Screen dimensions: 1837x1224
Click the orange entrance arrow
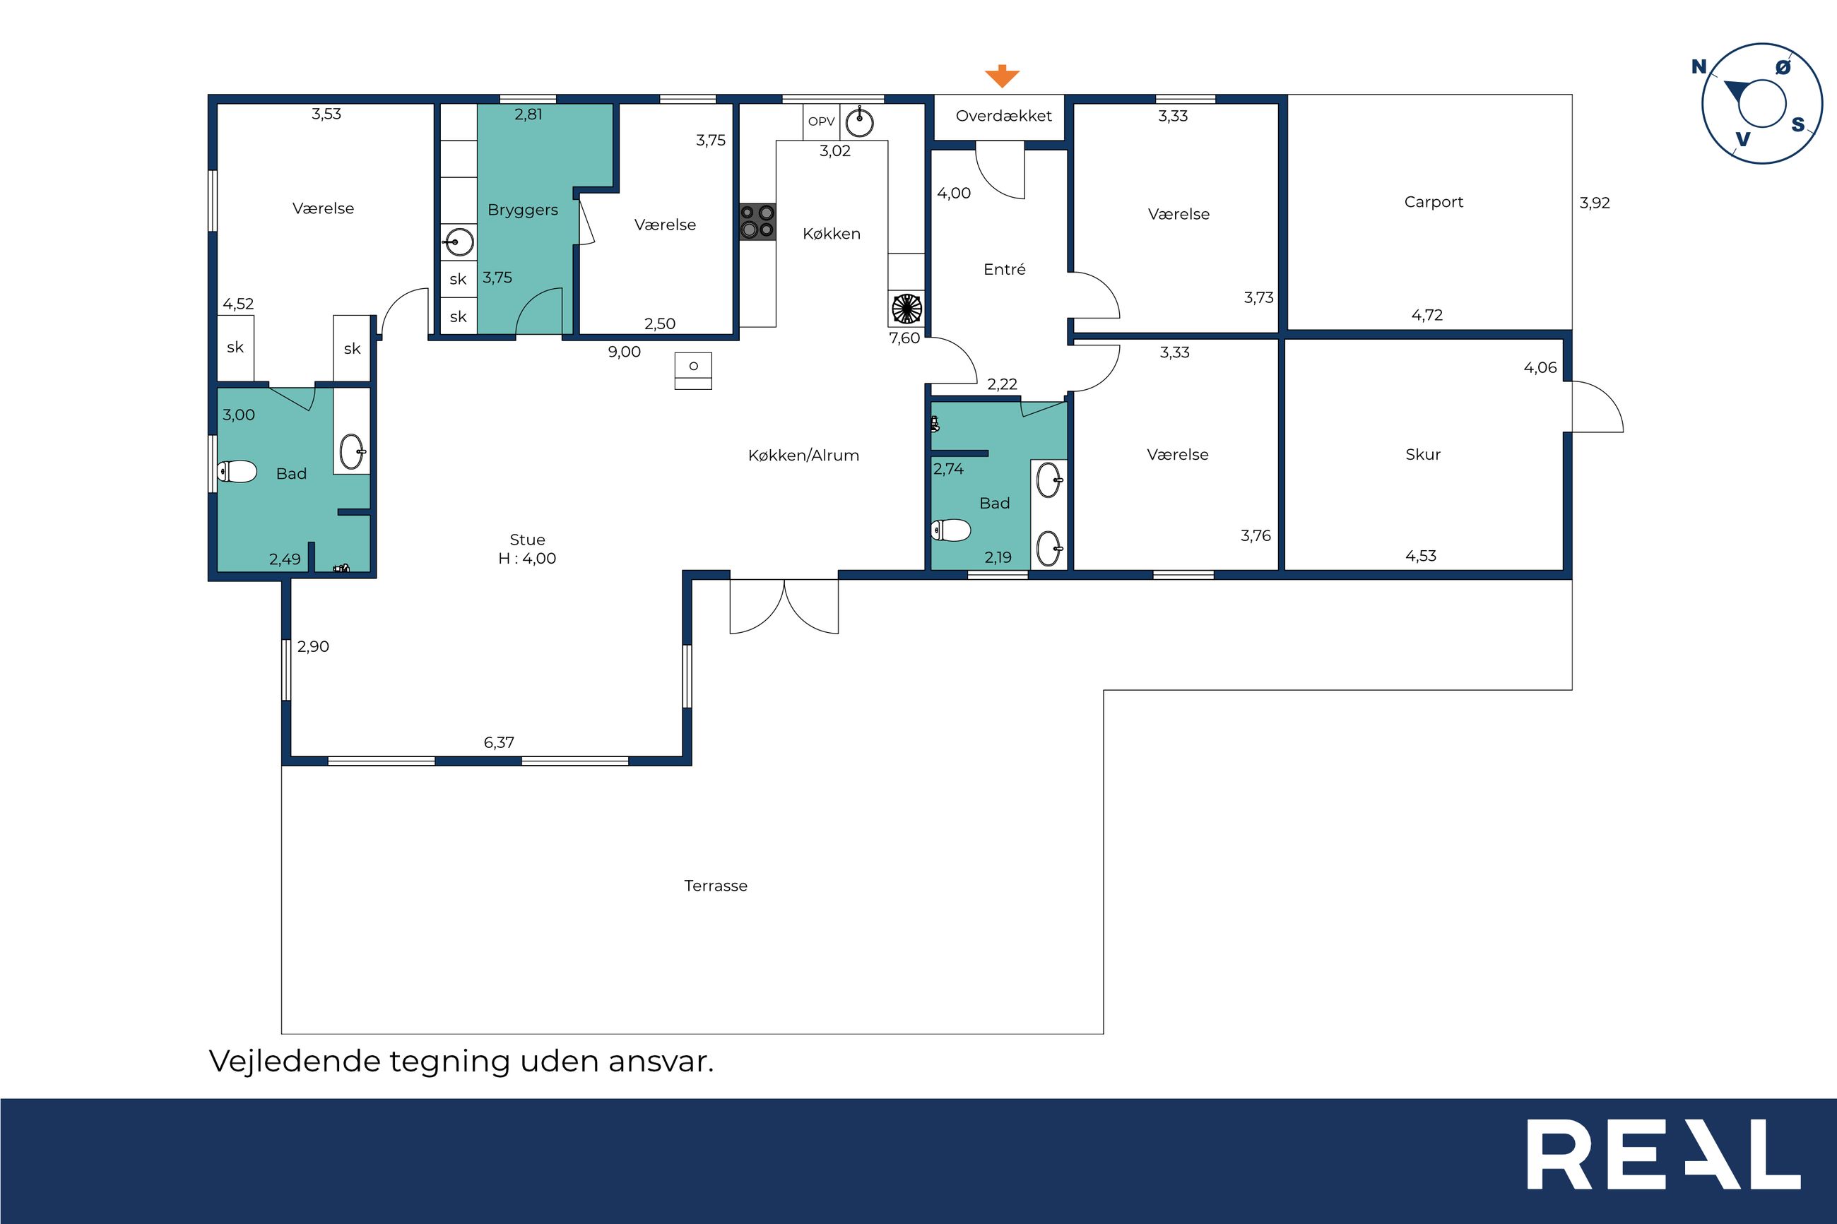click(1002, 76)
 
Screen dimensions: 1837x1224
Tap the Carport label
click(1434, 202)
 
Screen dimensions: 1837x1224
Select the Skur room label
click(1422, 454)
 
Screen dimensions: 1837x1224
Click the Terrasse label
click(716, 885)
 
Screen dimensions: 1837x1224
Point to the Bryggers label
click(522, 210)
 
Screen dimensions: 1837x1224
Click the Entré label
click(1004, 269)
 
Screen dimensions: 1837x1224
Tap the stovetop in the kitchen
click(757, 221)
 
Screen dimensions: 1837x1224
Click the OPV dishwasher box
click(821, 121)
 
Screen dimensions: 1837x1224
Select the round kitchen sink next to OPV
click(860, 121)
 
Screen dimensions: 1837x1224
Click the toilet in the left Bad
click(237, 472)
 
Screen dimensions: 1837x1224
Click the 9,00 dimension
click(624, 352)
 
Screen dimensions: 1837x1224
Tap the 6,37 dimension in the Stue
click(499, 742)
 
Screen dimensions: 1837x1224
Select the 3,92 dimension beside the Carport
click(1594, 203)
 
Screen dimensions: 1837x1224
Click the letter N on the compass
click(1699, 67)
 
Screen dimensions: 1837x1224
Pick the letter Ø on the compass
click(1783, 67)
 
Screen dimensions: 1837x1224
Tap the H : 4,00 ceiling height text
click(527, 558)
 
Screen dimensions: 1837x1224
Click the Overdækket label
click(1003, 116)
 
